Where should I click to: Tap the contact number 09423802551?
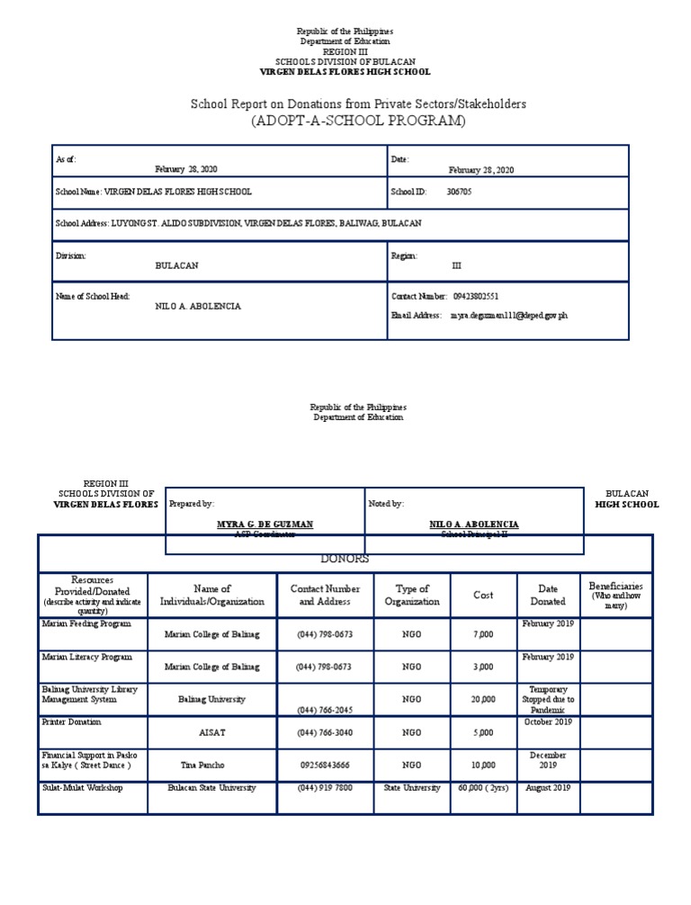[x=476, y=296]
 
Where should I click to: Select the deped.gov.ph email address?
[x=508, y=316]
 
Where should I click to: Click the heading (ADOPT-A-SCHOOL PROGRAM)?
[x=358, y=121]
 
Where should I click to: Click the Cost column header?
[x=483, y=596]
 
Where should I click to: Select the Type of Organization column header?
[x=412, y=596]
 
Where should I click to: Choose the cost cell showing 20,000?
[x=483, y=699]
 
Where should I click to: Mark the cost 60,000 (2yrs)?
[x=483, y=788]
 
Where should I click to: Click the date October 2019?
[x=548, y=721]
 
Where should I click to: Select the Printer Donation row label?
[x=72, y=721]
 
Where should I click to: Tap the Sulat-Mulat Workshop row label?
[x=82, y=788]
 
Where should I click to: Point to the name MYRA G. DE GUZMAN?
[x=265, y=524]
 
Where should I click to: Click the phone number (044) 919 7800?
[x=325, y=788]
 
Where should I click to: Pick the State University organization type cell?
[x=412, y=788]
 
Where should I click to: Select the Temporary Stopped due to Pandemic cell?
[x=548, y=699]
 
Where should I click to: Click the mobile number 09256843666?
[x=325, y=765]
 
